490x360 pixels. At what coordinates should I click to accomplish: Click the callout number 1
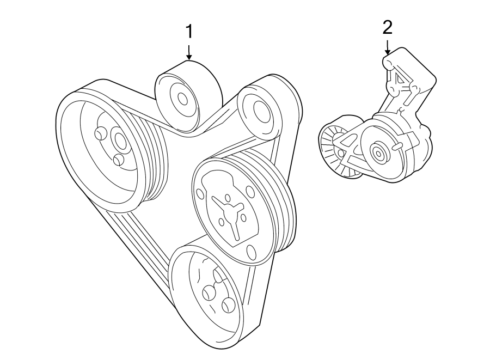[189, 32]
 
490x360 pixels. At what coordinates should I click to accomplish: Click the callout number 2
[387, 27]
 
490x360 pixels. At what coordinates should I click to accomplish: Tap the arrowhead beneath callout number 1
[189, 56]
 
